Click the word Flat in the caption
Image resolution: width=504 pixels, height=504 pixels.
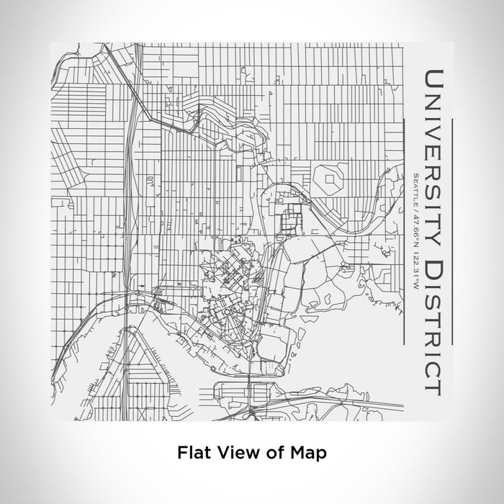point(191,453)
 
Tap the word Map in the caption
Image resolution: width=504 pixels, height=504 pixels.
point(310,453)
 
